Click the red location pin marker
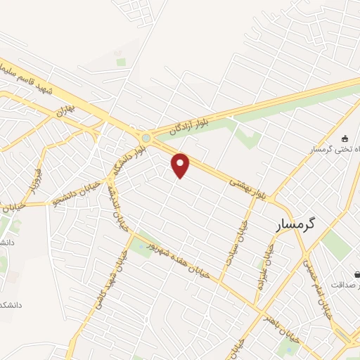tap(181, 165)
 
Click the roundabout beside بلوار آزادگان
tap(146, 137)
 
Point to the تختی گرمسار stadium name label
tap(333, 150)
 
